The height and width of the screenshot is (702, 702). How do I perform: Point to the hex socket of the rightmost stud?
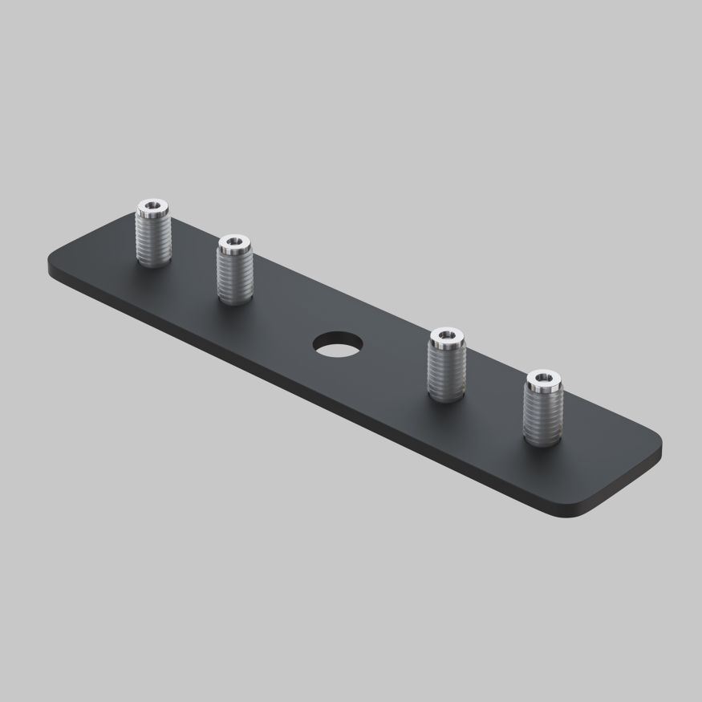544,376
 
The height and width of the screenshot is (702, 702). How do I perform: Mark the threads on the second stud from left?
235,277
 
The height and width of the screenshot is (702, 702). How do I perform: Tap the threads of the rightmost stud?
544,414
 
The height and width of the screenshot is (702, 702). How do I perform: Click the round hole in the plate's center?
337,343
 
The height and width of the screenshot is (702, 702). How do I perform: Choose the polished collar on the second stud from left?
234,249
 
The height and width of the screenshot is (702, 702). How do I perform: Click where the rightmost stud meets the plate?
544,440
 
